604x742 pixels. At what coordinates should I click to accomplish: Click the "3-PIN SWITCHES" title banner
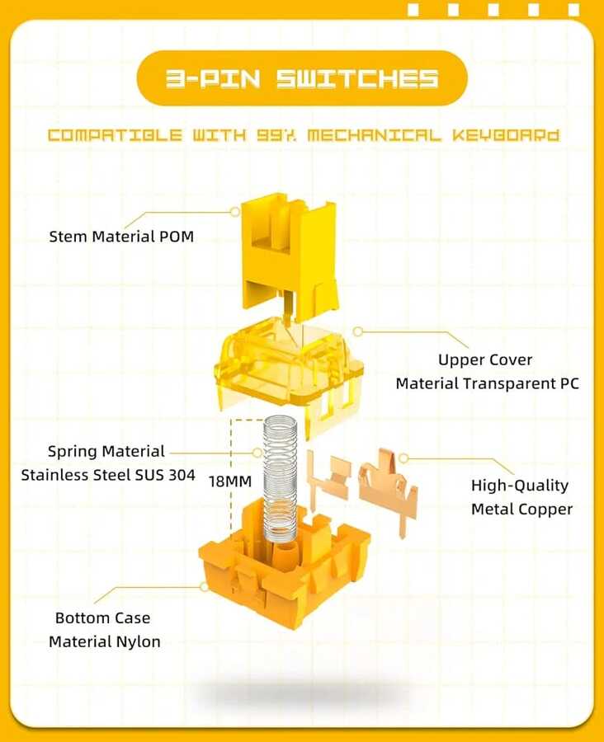pos(302,78)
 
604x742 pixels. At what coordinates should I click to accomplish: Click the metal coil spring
pos(281,478)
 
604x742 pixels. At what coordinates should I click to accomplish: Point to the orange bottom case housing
pos(284,568)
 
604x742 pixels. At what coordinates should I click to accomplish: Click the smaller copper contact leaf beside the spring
pos(328,478)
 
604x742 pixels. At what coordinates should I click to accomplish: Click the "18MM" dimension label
pos(230,481)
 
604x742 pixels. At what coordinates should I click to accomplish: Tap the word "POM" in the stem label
pos(176,237)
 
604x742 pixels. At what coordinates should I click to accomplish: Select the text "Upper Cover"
pos(485,360)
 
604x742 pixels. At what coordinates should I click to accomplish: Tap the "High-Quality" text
pos(520,486)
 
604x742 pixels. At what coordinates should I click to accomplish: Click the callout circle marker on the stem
pos(235,212)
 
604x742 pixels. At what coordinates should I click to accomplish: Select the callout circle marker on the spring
pos(257,453)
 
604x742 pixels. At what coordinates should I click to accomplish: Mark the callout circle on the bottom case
pos(204,587)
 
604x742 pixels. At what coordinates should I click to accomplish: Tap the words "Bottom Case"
pos(103,618)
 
